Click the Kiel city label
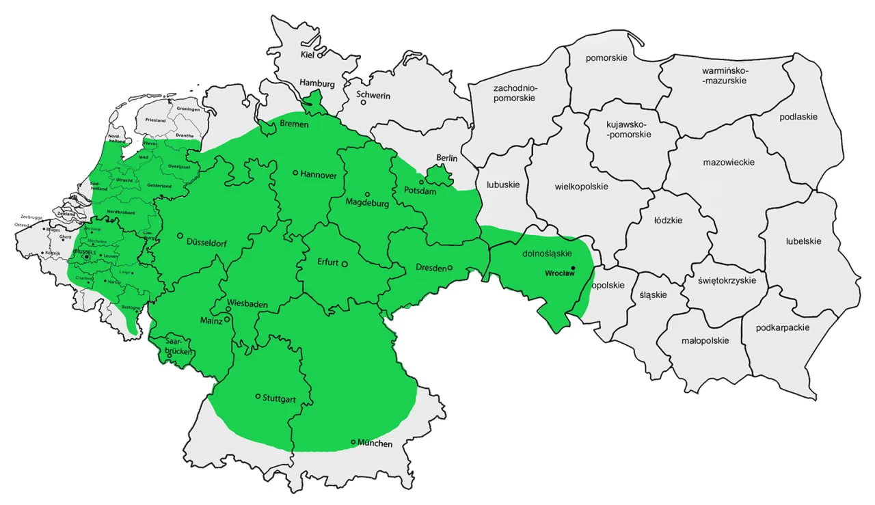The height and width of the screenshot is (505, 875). point(308,55)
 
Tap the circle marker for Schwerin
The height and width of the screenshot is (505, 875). point(364,103)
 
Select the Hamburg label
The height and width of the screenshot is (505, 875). point(317,83)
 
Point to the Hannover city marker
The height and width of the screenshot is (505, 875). point(295,173)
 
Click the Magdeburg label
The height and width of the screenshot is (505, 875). point(367,203)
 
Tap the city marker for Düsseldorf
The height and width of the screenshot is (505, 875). point(180,236)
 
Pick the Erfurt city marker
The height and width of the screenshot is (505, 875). point(345,264)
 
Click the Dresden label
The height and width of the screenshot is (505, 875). point(431,268)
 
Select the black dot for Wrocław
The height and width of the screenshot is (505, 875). point(574,267)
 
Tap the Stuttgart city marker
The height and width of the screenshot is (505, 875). point(258,396)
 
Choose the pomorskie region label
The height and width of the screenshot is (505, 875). point(606,58)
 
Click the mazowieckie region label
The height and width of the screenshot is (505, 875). point(729,163)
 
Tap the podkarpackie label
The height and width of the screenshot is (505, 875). point(783,327)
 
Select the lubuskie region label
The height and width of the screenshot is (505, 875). point(503,185)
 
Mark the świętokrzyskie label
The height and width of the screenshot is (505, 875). point(727,280)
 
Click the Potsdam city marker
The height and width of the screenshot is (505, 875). point(422,182)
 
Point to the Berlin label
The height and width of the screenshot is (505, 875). point(447,159)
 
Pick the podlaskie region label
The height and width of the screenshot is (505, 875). point(798,117)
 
